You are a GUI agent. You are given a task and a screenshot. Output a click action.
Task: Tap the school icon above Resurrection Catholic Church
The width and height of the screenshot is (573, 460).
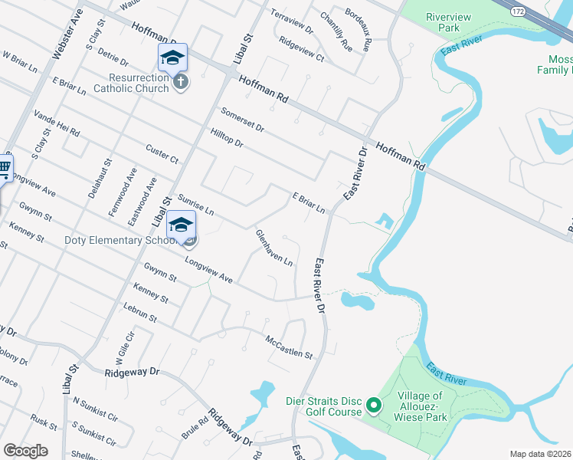pos(172,58)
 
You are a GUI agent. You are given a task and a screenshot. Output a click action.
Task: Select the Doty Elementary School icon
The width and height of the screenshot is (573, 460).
pos(182,225)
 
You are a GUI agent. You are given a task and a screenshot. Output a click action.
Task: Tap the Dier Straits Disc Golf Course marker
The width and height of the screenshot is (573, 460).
pos(374,404)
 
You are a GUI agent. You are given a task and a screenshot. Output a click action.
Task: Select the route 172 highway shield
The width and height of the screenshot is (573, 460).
pos(519,11)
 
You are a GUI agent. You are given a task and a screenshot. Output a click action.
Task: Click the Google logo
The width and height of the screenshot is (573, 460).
pos(25,450)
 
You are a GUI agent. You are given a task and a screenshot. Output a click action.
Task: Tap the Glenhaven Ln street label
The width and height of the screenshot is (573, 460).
pos(273,248)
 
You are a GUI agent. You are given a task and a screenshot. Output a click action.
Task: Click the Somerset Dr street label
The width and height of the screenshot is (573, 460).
pos(241,119)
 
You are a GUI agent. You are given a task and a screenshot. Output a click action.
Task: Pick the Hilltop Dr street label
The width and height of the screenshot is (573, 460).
pos(226,137)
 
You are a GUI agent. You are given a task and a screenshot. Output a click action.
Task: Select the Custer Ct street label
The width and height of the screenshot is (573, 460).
pos(162,153)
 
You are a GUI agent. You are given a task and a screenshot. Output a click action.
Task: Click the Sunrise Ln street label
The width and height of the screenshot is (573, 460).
pos(195,204)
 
